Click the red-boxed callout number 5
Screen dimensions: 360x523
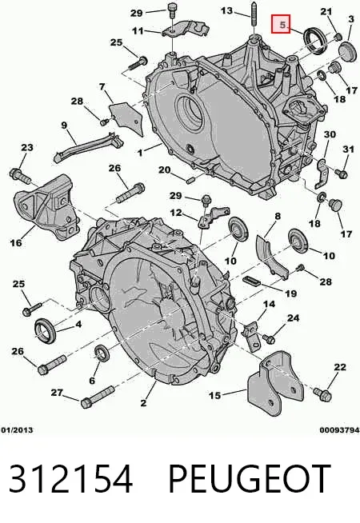click(281, 24)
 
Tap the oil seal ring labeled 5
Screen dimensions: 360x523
click(314, 40)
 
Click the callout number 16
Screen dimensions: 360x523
click(16, 242)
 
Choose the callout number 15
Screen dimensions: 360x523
click(215, 395)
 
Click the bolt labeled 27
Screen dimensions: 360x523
click(98, 397)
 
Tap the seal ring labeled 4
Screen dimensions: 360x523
click(46, 330)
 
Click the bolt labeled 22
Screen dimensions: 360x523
click(322, 394)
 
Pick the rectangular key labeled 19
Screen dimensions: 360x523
click(251, 281)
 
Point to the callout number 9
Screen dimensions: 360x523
click(64, 126)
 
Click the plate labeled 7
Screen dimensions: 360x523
click(126, 118)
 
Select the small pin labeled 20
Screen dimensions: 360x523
click(190, 181)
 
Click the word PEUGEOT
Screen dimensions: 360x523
click(249, 479)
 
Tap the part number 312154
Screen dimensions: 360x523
click(70, 479)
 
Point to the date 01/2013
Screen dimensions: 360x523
click(17, 430)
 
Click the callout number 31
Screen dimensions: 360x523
click(348, 149)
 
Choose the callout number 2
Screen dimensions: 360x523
click(143, 403)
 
